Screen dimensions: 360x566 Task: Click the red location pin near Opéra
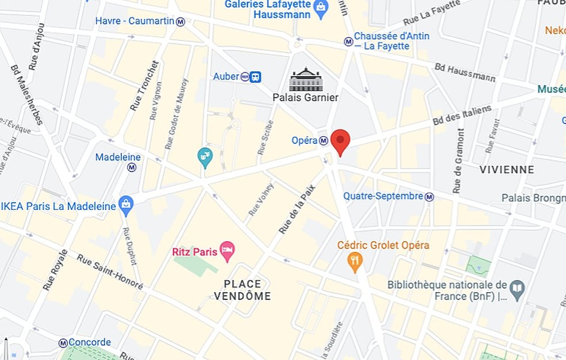click(340, 141)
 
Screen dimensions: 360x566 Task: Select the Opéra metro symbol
click(324, 141)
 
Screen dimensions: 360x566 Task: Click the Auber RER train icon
click(255, 77)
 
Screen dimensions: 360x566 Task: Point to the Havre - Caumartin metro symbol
click(180, 21)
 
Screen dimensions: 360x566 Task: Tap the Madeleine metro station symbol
click(132, 167)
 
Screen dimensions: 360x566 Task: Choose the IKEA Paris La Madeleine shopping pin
click(126, 205)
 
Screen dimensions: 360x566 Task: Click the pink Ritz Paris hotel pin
click(227, 251)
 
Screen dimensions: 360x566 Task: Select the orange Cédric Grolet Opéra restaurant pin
click(355, 261)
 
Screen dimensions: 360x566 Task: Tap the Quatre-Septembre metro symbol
click(429, 197)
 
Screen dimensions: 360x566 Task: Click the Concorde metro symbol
click(63, 343)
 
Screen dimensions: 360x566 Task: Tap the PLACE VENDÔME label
click(242, 290)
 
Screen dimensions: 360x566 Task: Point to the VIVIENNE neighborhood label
click(507, 170)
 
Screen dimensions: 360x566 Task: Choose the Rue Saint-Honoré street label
click(110, 272)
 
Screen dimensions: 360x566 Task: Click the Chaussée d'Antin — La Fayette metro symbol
click(348, 42)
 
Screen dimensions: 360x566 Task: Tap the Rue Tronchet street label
click(144, 86)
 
